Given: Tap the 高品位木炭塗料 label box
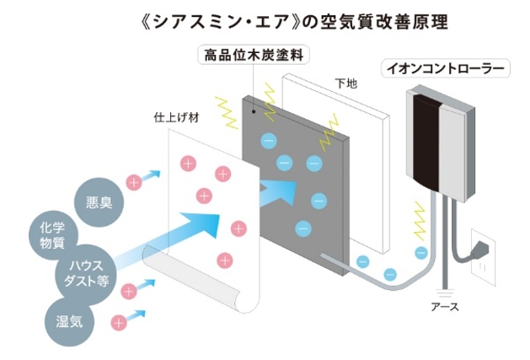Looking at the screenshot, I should pos(253,56).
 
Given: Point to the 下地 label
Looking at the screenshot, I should pos(345,83).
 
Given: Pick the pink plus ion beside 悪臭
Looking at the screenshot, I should pos(133,181).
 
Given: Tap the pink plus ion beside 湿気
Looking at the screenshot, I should pos(119,321).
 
